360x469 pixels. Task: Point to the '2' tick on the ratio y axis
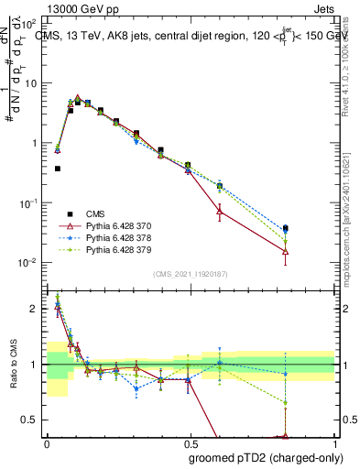[34, 309]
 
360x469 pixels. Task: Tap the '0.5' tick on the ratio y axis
[30, 420]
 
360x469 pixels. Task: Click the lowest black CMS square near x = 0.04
[58, 169]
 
